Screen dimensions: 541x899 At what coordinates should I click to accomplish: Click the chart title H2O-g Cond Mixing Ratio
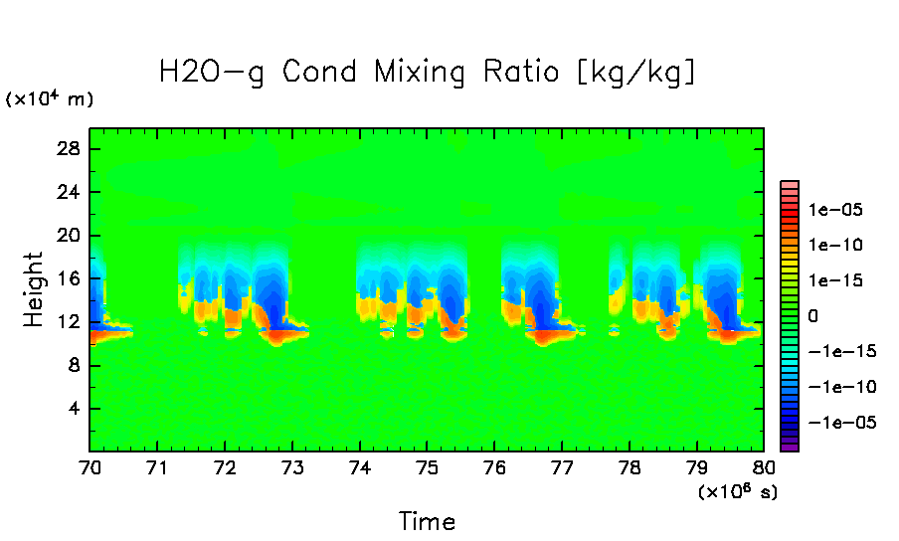[428, 73]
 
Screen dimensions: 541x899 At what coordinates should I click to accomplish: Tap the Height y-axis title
[34, 289]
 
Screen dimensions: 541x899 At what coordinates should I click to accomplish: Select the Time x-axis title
[427, 521]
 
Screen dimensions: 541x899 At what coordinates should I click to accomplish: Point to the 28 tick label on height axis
[71, 148]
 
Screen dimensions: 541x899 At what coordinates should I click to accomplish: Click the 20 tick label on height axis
[71, 236]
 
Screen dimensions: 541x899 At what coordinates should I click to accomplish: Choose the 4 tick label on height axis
[76, 409]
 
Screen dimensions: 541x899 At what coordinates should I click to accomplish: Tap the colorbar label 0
[814, 315]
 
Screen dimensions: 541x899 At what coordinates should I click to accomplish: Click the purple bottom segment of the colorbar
[790, 448]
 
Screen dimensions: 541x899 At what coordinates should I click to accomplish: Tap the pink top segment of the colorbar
[790, 185]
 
